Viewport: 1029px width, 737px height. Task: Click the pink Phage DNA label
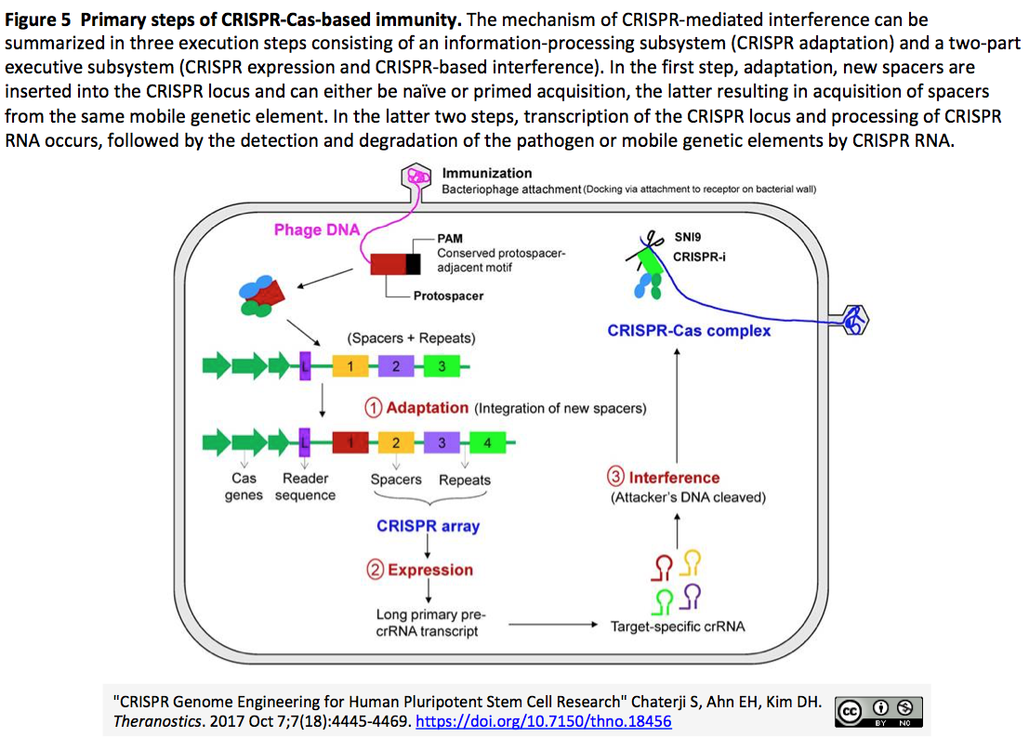pyautogui.click(x=316, y=230)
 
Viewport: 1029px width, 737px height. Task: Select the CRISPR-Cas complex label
pyautogui.click(x=689, y=330)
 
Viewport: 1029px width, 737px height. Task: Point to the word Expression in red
pyautogui.click(x=430, y=570)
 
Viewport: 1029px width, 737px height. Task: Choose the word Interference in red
pyautogui.click(x=674, y=478)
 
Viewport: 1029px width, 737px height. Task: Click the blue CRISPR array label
pyautogui.click(x=428, y=526)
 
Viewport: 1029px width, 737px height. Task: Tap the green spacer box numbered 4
pyautogui.click(x=486, y=441)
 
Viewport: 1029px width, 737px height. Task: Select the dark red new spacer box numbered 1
pyautogui.click(x=350, y=441)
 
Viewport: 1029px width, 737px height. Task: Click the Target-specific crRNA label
pyautogui.click(x=677, y=626)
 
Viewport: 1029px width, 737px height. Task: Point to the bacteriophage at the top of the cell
pyautogui.click(x=419, y=176)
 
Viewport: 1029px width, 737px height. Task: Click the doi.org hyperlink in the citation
pyautogui.click(x=543, y=721)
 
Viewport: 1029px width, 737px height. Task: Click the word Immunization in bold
pyautogui.click(x=487, y=173)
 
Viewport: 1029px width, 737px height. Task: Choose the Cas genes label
pyautogui.click(x=244, y=487)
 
